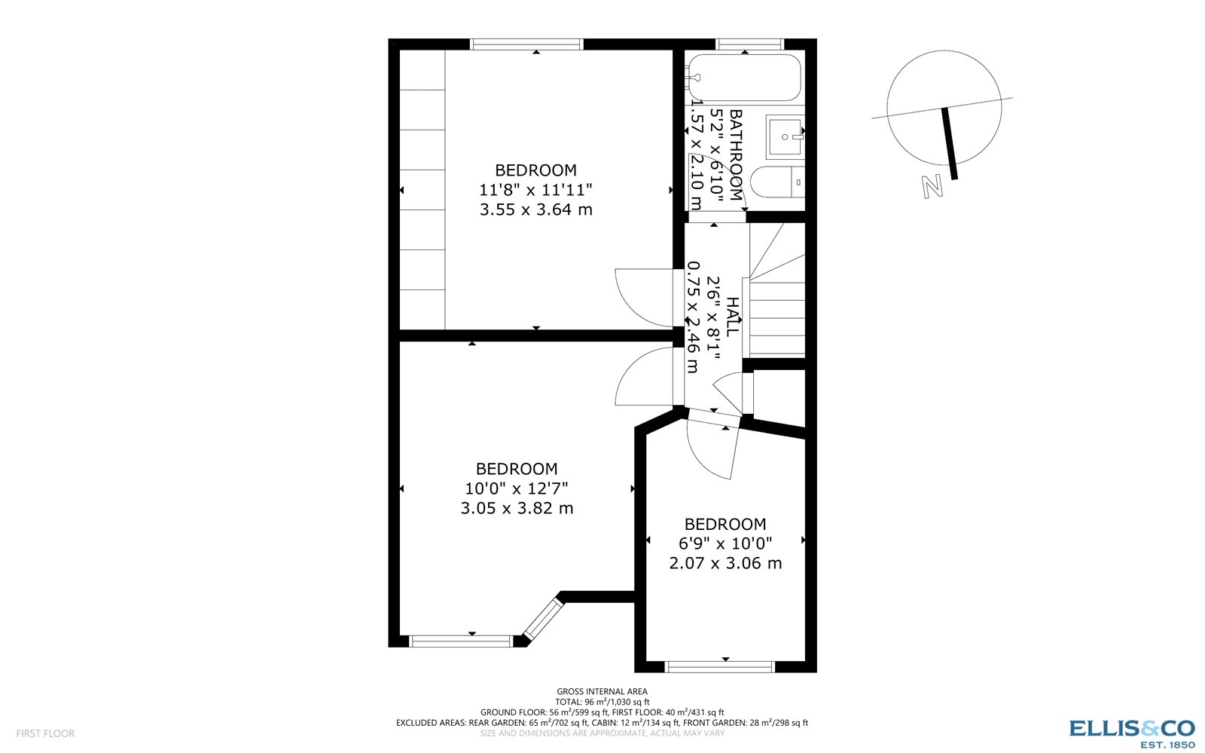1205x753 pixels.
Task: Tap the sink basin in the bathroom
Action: click(x=786, y=137)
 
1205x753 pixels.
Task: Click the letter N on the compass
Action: click(x=932, y=186)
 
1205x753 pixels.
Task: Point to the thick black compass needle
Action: click(x=949, y=143)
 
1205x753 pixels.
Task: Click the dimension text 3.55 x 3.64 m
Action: click(x=535, y=210)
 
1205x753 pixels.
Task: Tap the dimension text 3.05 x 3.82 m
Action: click(x=517, y=508)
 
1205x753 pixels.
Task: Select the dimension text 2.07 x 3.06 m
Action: click(x=725, y=563)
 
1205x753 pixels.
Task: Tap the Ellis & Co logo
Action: click(x=1132, y=732)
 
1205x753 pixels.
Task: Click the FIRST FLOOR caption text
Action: click(x=45, y=733)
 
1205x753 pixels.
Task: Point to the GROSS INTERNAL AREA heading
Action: click(x=602, y=691)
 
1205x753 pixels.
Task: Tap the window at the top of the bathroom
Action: click(x=749, y=44)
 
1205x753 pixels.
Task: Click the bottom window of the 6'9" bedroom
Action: click(x=720, y=666)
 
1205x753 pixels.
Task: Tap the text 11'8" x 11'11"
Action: click(x=535, y=190)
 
